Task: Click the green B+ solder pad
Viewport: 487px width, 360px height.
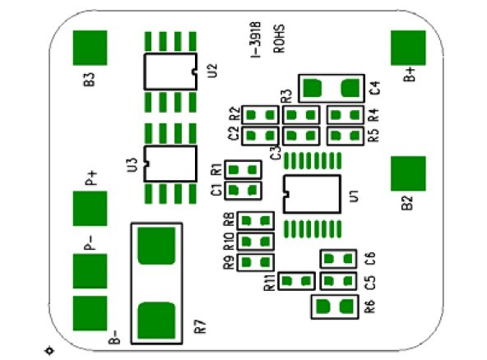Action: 408,48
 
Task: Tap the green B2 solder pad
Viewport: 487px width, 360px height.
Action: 408,173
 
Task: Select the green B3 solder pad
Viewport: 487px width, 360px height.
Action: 90,48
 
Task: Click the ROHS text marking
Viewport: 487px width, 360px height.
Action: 279,39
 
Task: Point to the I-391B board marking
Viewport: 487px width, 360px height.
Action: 256,39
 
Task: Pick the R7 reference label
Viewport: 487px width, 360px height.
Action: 201,326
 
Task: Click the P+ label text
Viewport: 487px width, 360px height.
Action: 91,178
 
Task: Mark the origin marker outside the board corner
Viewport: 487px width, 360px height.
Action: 49,351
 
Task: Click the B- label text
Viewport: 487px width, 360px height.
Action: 114,337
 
